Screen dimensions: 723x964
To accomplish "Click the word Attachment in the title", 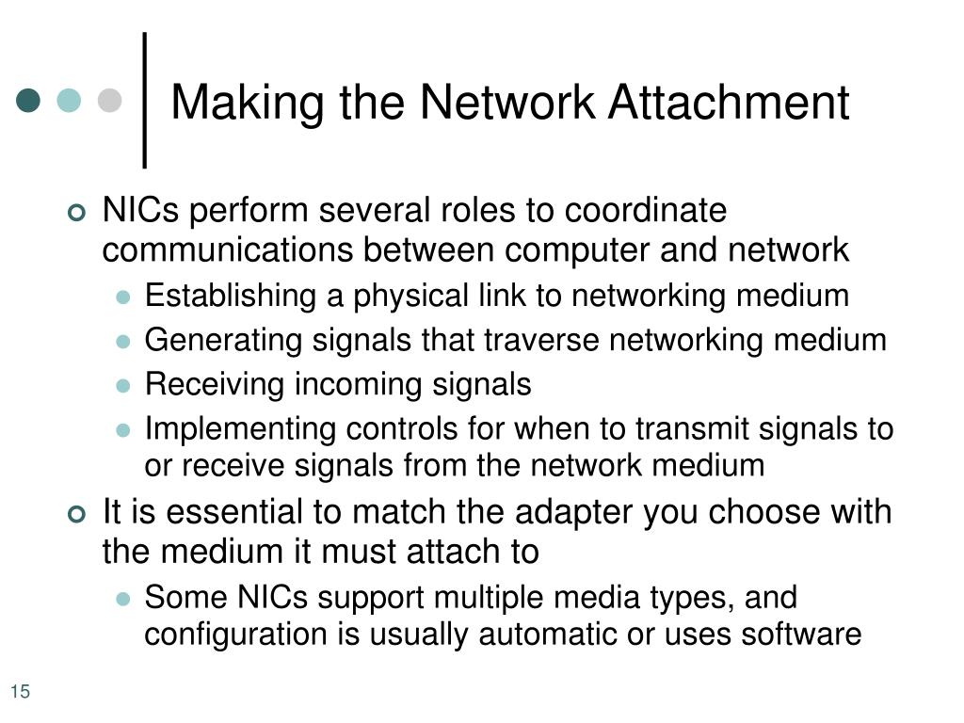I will click(728, 103).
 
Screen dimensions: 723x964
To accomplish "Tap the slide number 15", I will click(21, 693).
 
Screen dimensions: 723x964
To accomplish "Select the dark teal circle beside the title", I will click(29, 100).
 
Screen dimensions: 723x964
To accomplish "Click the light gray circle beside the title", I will click(110, 100).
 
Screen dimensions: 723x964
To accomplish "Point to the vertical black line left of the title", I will click(145, 100).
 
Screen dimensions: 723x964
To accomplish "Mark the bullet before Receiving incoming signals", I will click(122, 385).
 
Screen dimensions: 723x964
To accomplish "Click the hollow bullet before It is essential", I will click(77, 514).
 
